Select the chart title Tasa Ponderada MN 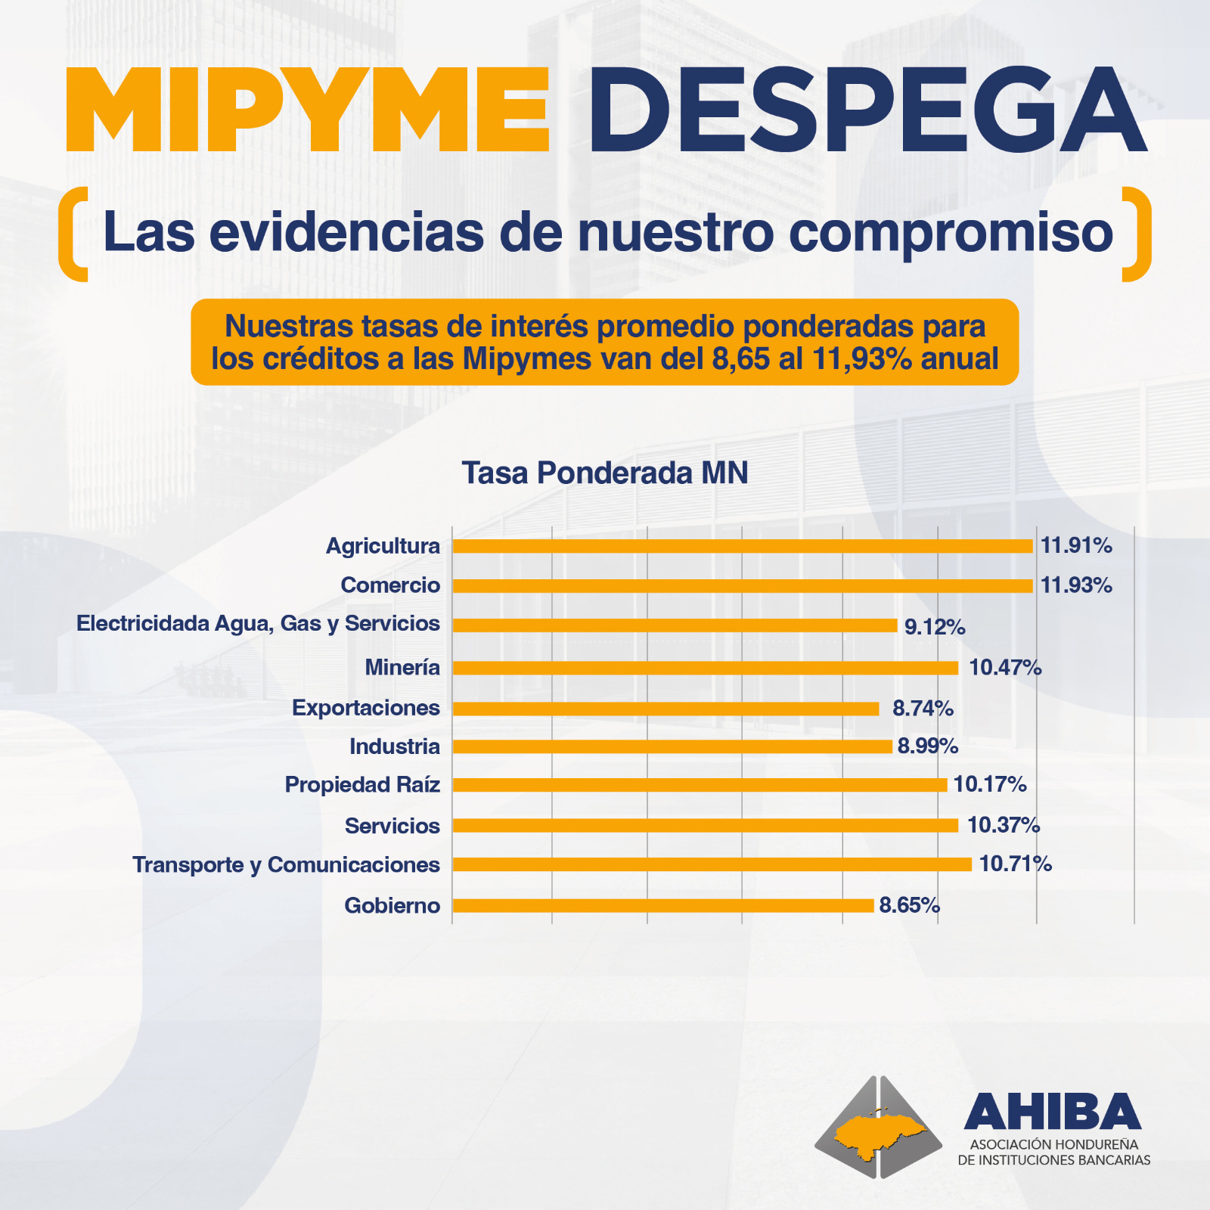point(605,473)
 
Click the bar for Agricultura point(742,546)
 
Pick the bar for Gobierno point(662,905)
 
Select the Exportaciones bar point(665,709)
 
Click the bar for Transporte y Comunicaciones point(712,864)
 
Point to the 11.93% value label point(1076,585)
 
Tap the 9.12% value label point(935,627)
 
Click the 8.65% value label point(909,905)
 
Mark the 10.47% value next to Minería point(1005,668)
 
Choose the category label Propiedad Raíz point(362,785)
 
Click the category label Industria point(394,746)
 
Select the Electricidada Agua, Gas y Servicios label point(258,624)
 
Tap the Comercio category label point(390,585)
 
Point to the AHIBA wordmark point(1052,1111)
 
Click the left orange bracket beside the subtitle point(73,234)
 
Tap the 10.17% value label point(989,785)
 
